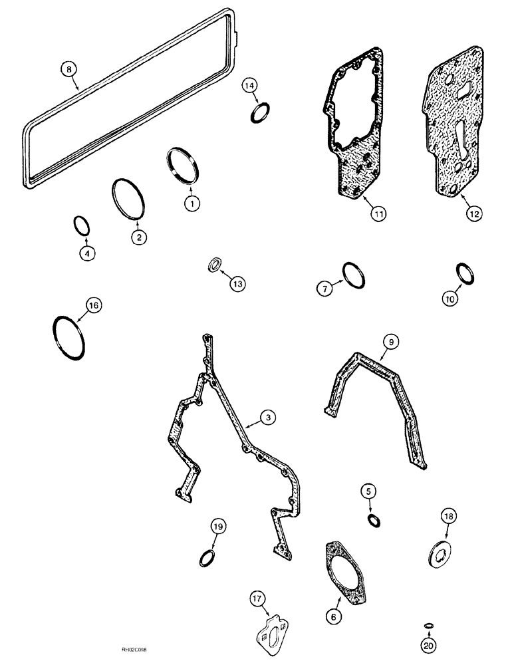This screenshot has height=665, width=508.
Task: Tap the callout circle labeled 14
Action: [249, 85]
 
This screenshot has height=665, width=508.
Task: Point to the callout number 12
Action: [474, 214]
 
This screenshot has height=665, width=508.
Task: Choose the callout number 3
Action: [267, 418]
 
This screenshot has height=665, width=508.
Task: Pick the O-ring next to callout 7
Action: [353, 275]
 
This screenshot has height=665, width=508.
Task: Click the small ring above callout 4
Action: [80, 226]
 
